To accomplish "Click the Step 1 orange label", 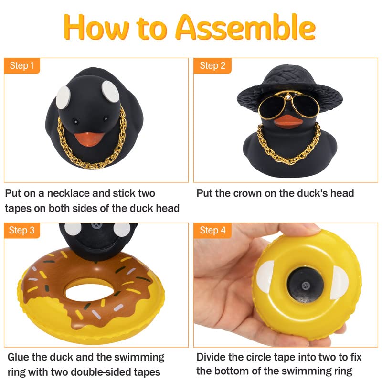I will pos(22,65).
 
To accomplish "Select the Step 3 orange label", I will pos(22,231).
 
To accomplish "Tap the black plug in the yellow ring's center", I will pos(305,285).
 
